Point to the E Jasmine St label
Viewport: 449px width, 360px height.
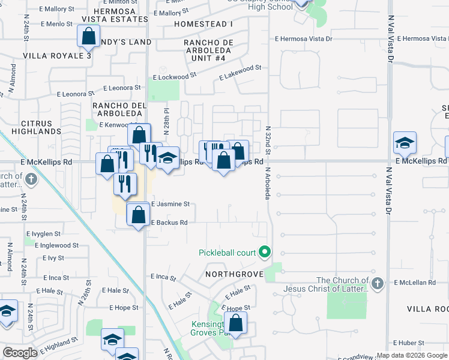point(170,204)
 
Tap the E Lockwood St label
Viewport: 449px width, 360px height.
point(174,77)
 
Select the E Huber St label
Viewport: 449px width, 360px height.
point(411,343)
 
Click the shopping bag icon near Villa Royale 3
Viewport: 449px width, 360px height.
point(88,36)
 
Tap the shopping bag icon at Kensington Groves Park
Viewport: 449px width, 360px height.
point(237,323)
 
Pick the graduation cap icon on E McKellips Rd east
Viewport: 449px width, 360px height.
point(405,143)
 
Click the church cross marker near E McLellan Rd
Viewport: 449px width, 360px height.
point(376,283)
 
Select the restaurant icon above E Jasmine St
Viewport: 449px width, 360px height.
point(125,184)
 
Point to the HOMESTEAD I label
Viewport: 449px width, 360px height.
point(203,24)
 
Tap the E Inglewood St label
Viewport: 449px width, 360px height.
point(56,245)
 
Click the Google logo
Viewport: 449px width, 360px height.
point(20,353)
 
